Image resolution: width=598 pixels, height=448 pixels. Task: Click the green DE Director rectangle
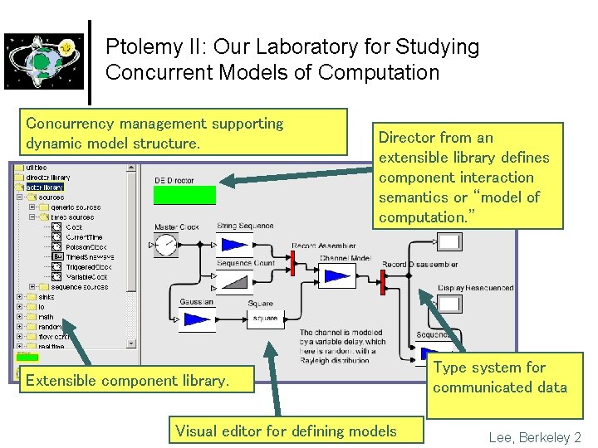coord(184,196)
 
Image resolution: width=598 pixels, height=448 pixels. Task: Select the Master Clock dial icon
coord(167,245)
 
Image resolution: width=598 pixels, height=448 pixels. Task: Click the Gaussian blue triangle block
coord(196,319)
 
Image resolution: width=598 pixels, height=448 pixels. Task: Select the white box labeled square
coord(265,319)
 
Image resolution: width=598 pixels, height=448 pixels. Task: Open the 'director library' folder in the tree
coord(47,178)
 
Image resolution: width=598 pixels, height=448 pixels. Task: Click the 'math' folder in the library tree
coord(45,317)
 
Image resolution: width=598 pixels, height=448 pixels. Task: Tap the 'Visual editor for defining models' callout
coord(286,431)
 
